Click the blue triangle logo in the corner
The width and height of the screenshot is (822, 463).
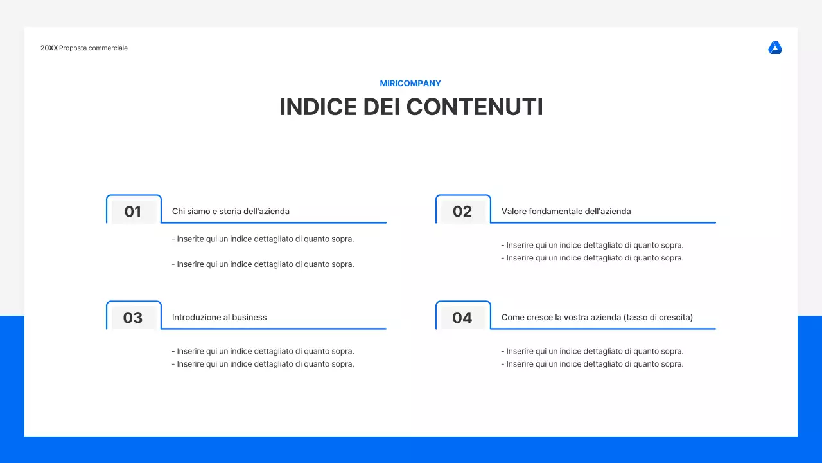click(775, 48)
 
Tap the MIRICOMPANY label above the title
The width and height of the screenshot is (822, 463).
click(410, 84)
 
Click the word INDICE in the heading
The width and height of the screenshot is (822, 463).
click(318, 107)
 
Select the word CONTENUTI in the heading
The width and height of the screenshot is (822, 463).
click(475, 107)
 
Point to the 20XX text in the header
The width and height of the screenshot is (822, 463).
click(49, 48)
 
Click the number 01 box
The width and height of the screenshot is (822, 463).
click(133, 212)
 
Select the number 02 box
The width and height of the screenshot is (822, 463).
click(462, 212)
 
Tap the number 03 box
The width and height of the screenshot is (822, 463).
click(133, 318)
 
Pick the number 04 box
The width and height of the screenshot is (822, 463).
click(462, 318)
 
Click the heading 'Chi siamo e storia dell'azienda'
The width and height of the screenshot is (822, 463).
click(231, 212)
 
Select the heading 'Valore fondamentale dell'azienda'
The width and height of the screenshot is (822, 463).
click(566, 212)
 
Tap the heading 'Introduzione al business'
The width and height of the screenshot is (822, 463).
click(219, 318)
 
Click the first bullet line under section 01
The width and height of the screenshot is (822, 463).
click(263, 239)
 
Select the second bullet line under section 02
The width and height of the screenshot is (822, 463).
click(592, 259)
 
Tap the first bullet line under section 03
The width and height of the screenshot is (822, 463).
click(263, 352)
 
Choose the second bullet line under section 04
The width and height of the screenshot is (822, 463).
click(592, 365)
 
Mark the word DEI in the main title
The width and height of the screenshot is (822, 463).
click(382, 107)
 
